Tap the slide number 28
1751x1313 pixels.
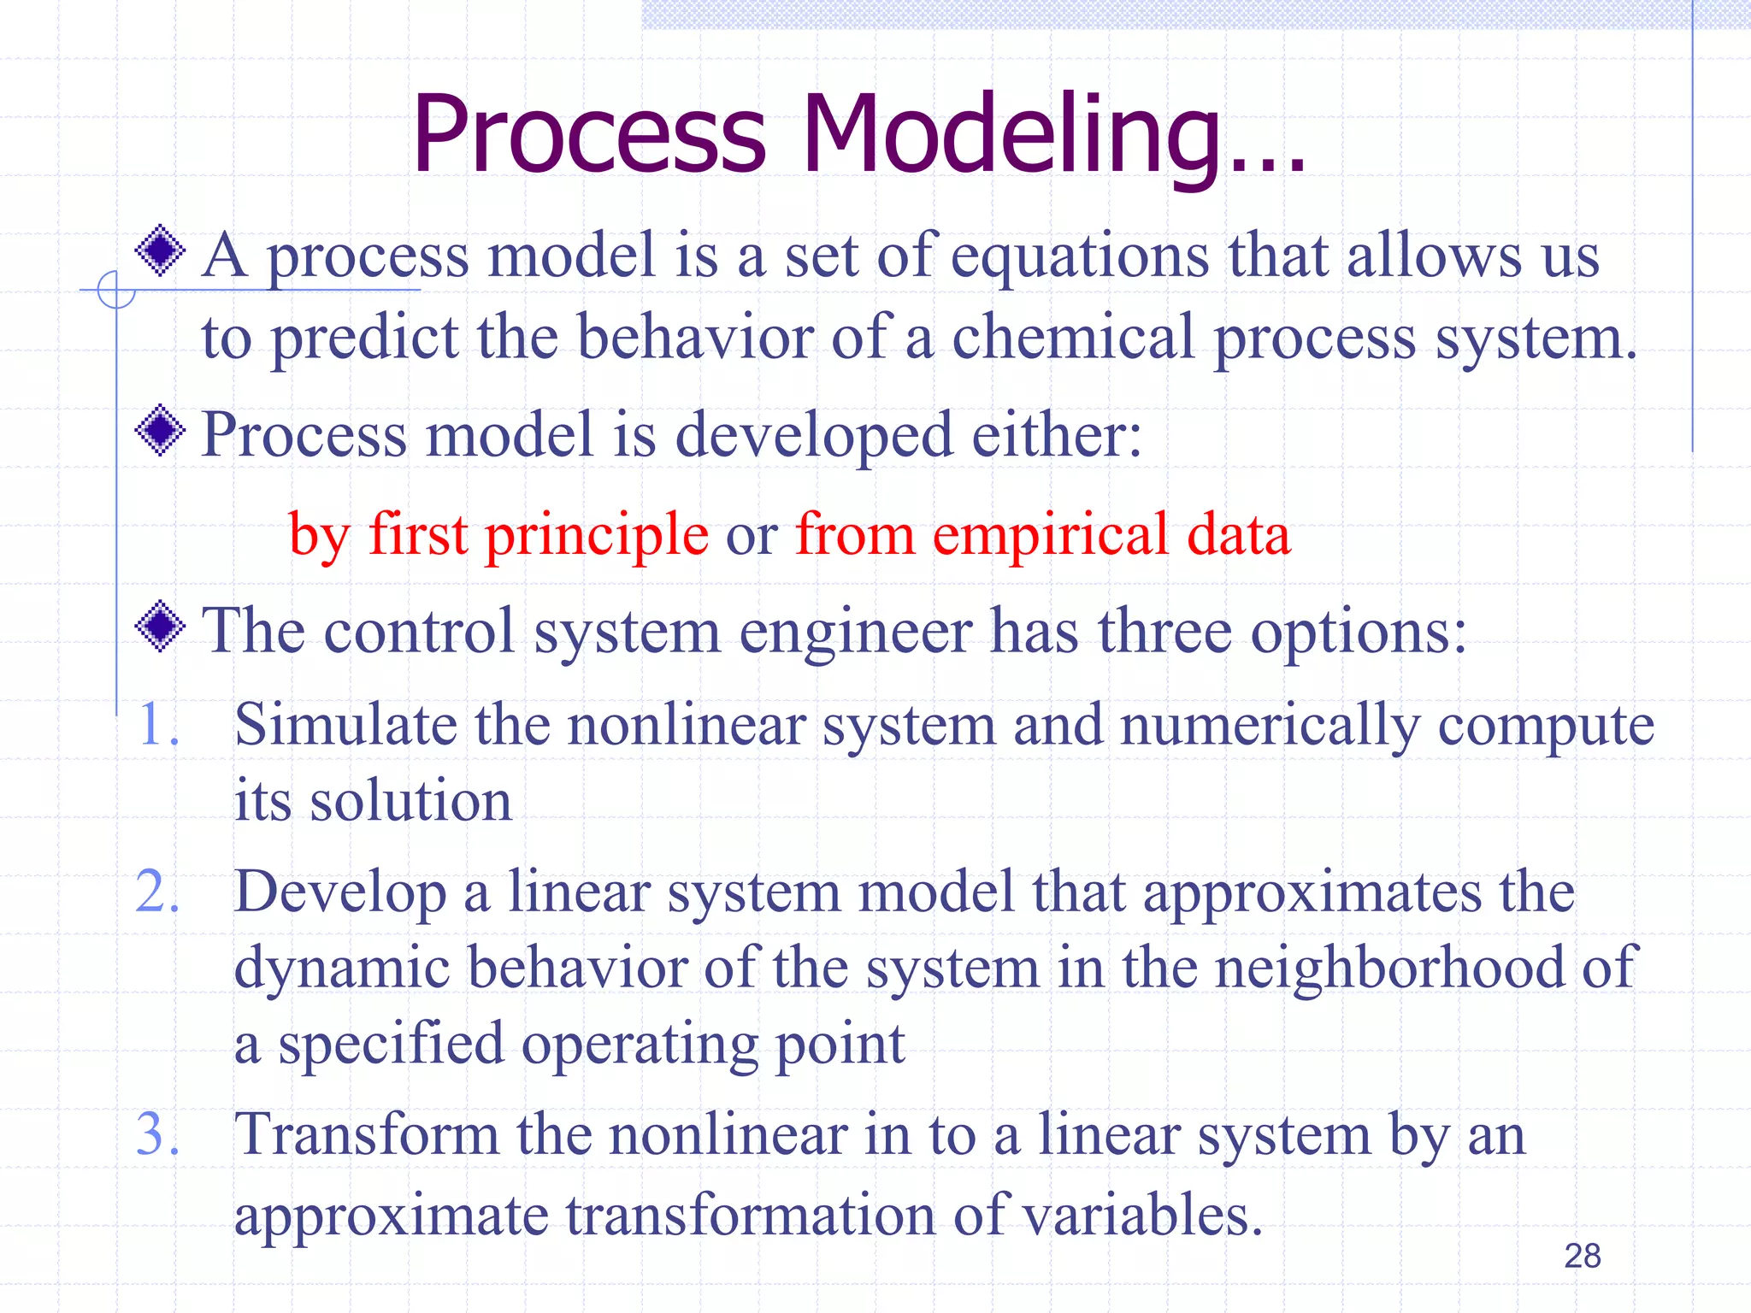(x=1582, y=1256)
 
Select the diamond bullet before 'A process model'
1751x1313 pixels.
(x=160, y=250)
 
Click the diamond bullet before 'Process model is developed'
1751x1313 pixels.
(x=160, y=431)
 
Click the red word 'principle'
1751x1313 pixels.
(x=597, y=535)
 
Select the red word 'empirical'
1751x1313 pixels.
(x=1050, y=535)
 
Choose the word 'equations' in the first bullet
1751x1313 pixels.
(x=1080, y=256)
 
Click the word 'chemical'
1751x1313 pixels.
(x=1073, y=338)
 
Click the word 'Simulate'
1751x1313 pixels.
(x=345, y=725)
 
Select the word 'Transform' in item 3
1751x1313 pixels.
(x=366, y=1135)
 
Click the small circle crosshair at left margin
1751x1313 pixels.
(x=115, y=290)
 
